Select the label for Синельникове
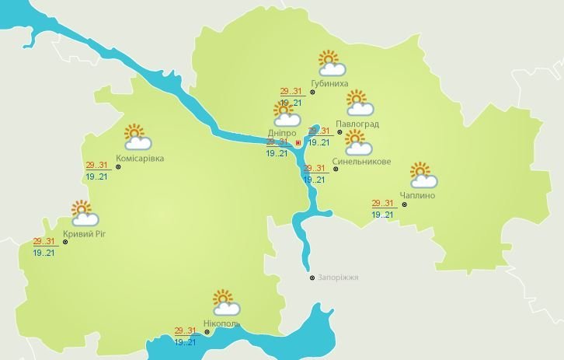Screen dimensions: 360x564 click(x=360, y=162)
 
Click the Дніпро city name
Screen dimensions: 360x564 click(x=282, y=133)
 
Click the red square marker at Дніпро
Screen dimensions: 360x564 click(x=298, y=143)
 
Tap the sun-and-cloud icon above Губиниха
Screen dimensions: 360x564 click(x=331, y=62)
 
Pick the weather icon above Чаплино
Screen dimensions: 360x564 click(x=423, y=175)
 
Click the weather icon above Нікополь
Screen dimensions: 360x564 click(x=223, y=302)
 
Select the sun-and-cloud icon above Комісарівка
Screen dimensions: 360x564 click(x=138, y=137)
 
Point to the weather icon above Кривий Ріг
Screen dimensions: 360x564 click(x=82, y=212)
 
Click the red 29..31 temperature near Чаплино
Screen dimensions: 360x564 click(x=383, y=203)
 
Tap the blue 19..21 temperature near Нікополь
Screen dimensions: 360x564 click(x=185, y=342)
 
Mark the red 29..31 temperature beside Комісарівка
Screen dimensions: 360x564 click(x=96, y=165)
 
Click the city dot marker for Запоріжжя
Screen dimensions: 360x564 click(x=312, y=278)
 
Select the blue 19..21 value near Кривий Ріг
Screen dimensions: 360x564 click(x=44, y=253)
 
